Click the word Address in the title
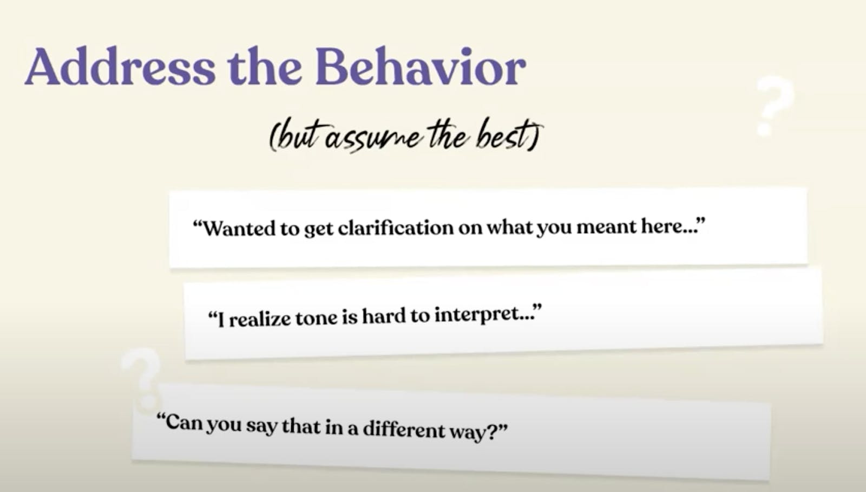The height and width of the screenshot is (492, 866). (120, 66)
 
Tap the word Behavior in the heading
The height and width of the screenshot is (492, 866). (421, 66)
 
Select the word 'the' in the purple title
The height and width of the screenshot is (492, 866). (265, 66)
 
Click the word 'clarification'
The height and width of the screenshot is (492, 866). (396, 227)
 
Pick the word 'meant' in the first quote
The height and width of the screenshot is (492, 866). (606, 226)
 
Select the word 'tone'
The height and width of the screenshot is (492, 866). (317, 318)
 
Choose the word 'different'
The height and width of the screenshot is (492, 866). (404, 429)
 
